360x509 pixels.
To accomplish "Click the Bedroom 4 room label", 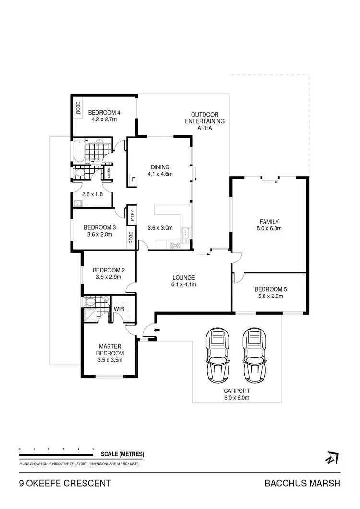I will point(104,113).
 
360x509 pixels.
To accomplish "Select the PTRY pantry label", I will point(131,215).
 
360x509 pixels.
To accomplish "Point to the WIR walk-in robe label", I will point(119,309).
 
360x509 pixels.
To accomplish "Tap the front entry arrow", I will point(155,330).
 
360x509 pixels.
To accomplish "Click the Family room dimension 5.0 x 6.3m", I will point(269,229).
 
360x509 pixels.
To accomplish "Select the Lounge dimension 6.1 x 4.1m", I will point(184,284).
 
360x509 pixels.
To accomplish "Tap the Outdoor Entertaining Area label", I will point(205,121).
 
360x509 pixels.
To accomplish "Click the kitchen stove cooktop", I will point(175,245).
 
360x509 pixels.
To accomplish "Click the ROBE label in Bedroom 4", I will point(78,107).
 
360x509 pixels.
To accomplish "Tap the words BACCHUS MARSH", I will point(302,484).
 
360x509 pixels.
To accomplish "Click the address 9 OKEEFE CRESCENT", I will point(65,484).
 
